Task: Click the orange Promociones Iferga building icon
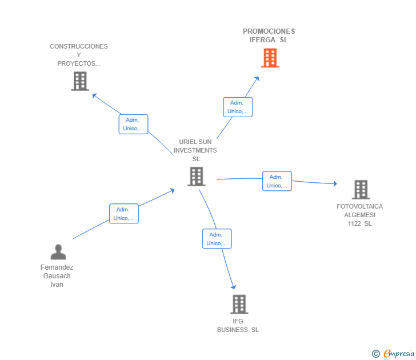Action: click(270, 58)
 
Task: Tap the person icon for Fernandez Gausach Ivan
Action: click(58, 252)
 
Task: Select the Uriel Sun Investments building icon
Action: click(197, 177)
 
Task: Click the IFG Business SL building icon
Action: click(239, 305)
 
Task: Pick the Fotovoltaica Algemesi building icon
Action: click(361, 190)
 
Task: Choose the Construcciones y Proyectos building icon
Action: click(80, 81)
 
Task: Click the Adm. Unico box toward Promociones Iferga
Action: click(238, 107)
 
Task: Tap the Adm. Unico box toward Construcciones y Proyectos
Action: click(134, 124)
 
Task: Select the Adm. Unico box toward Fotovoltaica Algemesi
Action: click(277, 181)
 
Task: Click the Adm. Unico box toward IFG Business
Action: click(217, 239)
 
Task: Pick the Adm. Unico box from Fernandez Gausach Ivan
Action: click(124, 214)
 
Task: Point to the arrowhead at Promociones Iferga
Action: click(257, 78)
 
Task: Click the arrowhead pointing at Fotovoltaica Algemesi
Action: click(335, 183)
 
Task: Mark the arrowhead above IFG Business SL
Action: click(234, 287)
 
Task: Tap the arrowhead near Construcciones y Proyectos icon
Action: click(94, 95)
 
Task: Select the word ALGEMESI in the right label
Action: click(359, 215)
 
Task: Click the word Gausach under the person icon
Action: click(57, 276)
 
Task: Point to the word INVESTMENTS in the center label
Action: click(195, 150)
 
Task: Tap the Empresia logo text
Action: click(399, 354)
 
